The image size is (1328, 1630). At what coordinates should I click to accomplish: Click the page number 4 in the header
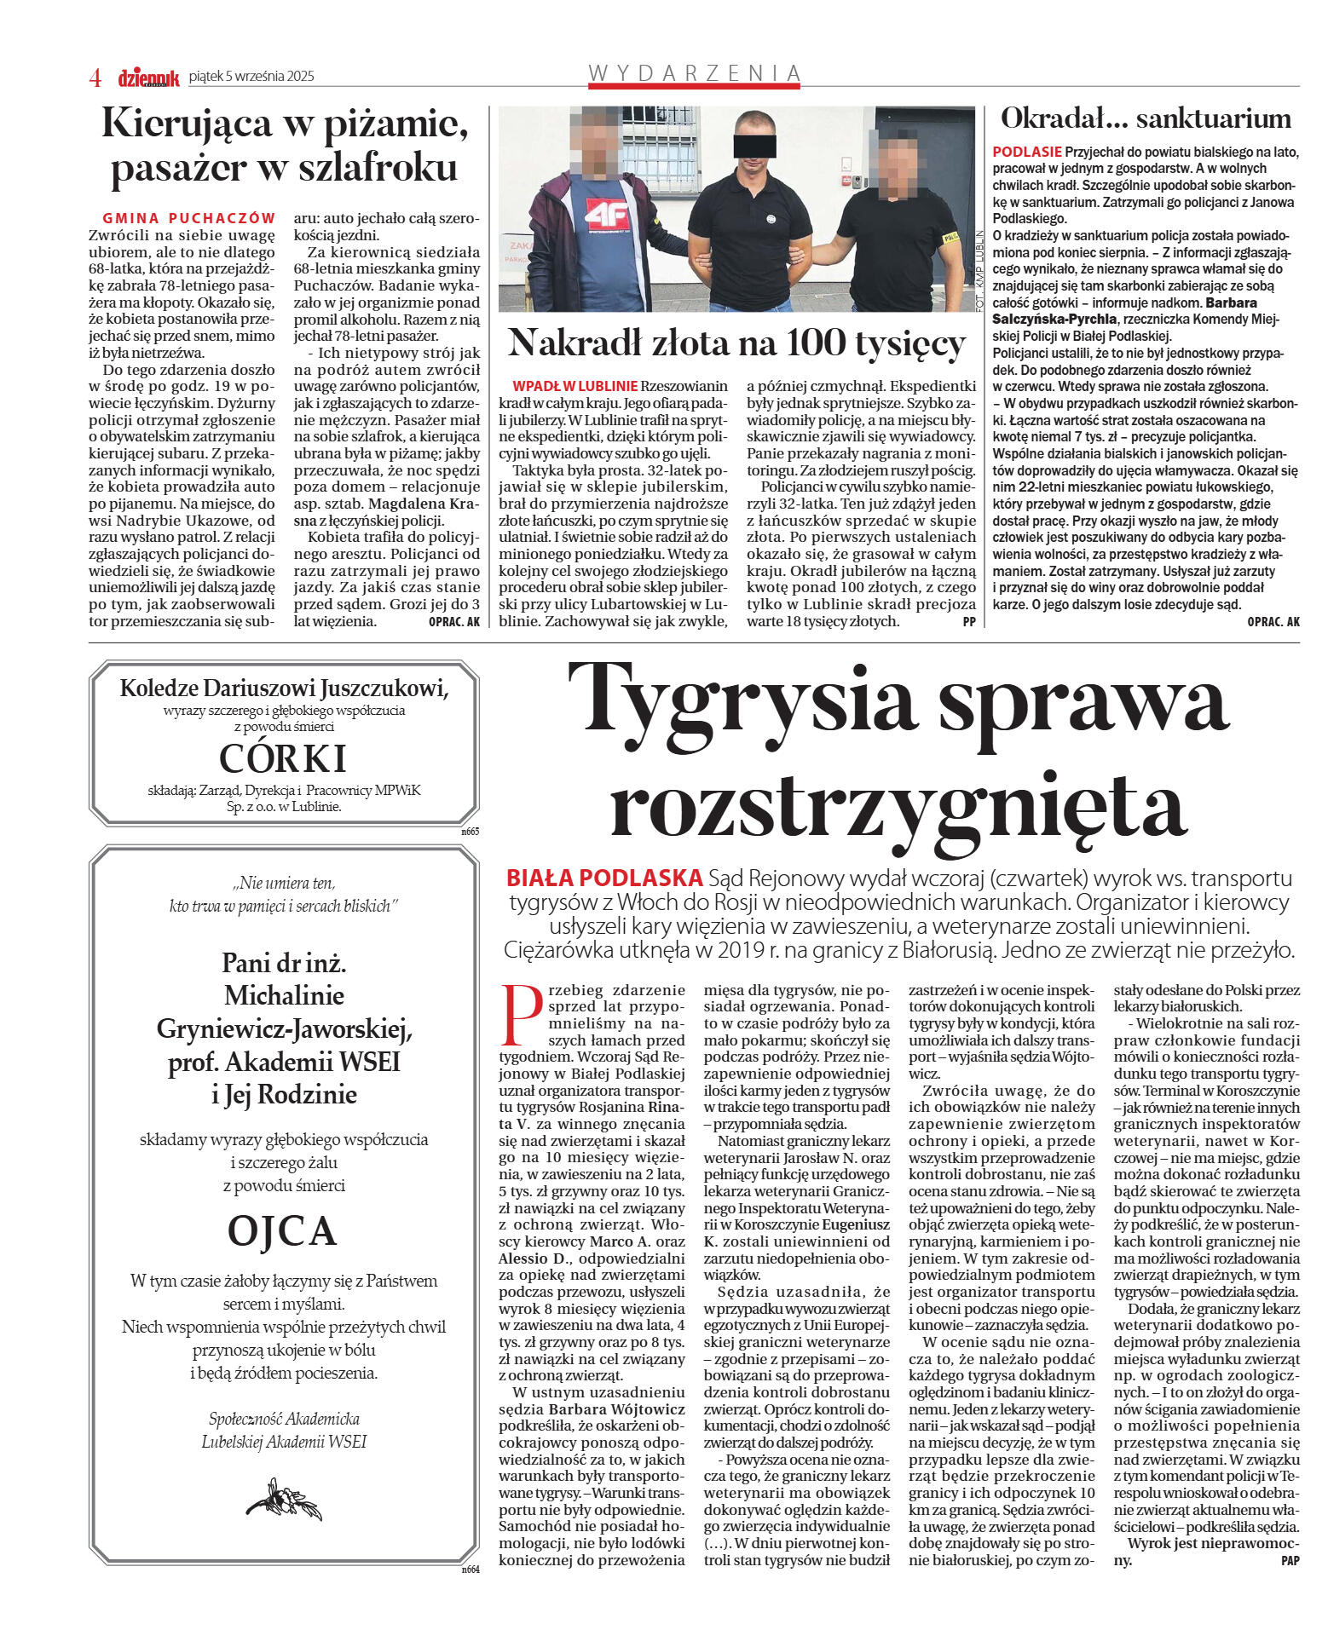[95, 78]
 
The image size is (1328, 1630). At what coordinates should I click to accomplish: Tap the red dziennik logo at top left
[148, 78]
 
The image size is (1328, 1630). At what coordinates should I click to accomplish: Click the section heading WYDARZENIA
[695, 74]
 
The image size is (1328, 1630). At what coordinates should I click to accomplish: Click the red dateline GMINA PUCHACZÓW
[189, 218]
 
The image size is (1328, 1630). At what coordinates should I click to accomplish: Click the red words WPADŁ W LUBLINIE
[575, 386]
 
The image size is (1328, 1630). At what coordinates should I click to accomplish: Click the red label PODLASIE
[1026, 152]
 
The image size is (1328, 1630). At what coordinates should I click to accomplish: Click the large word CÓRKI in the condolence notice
[282, 757]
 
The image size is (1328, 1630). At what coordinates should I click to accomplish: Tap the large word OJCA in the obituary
[282, 1230]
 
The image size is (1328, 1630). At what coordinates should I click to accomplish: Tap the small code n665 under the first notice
[471, 831]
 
